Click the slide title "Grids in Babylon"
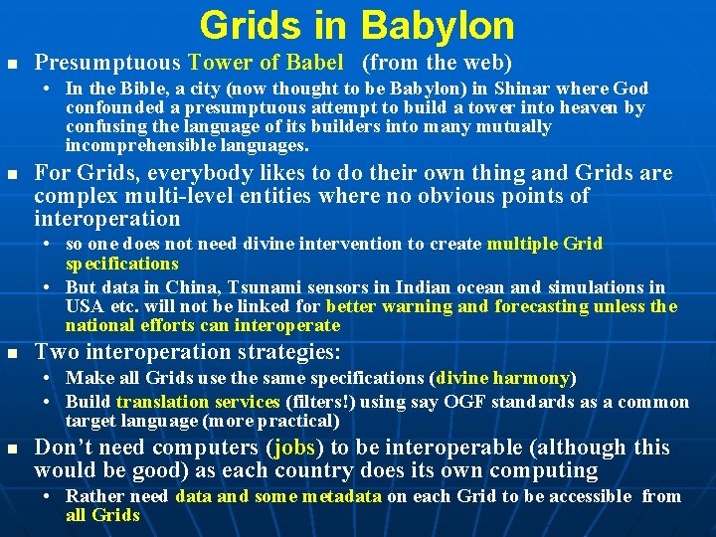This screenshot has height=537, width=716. click(357, 25)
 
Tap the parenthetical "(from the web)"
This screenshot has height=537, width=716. click(437, 63)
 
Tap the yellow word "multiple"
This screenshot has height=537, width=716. click(523, 244)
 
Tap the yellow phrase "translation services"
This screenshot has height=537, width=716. click(198, 402)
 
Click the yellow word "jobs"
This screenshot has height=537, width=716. click(294, 447)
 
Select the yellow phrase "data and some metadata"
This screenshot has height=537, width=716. click(277, 496)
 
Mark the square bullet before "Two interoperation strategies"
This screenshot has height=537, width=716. click(11, 353)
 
